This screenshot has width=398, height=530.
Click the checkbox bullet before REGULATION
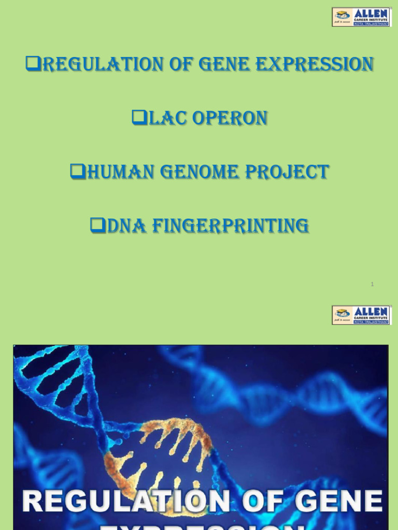point(33,64)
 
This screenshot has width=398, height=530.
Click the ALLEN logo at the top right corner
point(361,17)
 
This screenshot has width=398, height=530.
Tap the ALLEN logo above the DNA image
point(361,315)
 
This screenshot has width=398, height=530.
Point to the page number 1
point(372,284)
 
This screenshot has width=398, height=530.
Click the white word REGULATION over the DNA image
point(126,502)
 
